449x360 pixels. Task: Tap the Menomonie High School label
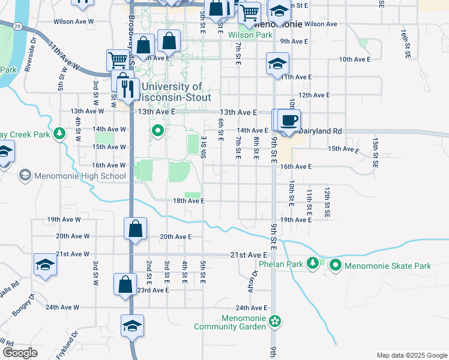(80, 176)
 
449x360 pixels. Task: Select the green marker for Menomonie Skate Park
(335, 265)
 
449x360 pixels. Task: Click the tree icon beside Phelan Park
(312, 263)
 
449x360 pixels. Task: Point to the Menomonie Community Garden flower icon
(274, 321)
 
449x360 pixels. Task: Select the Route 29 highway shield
(18, 26)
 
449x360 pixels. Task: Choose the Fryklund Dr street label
(67, 344)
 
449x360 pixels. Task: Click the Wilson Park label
(250, 35)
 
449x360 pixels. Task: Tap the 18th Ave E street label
(190, 201)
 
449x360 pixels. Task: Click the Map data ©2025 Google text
(411, 355)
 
